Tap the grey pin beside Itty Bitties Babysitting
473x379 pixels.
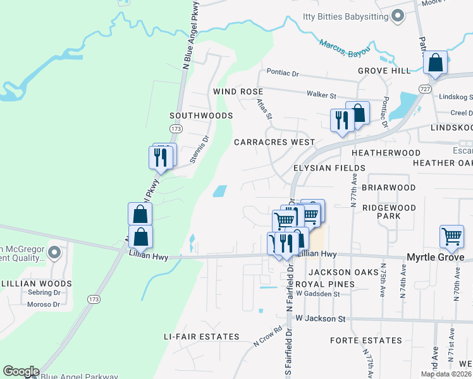pos(398,16)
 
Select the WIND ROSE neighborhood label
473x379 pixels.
pos(238,92)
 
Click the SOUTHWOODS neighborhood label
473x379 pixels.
pos(201,116)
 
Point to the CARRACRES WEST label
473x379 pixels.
pos(274,142)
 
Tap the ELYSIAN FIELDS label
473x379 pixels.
pos(329,168)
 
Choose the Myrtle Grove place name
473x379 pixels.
pos(434,257)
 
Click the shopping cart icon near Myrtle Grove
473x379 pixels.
pos(452,237)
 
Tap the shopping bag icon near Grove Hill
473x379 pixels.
pos(435,63)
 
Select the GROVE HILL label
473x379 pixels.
pos(384,71)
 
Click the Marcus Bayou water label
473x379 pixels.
pos(345,49)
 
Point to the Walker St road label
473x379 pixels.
pos(321,95)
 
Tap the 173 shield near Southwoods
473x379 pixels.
pos(176,129)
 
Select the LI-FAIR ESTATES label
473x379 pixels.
pos(201,337)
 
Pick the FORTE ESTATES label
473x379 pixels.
pos(365,340)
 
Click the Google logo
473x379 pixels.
pos(21,371)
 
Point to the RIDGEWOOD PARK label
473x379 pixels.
pos(388,212)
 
